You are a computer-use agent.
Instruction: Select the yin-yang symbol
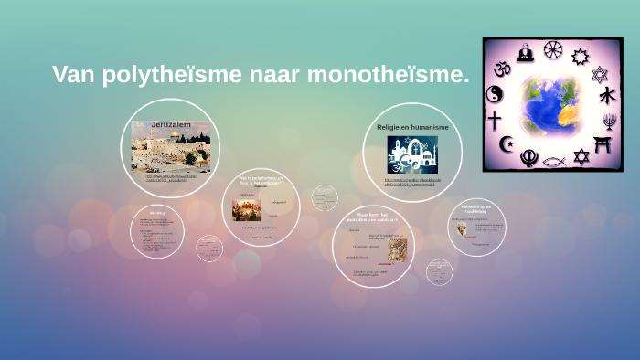click(495, 94)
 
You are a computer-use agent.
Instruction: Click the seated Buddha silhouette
click(525, 53)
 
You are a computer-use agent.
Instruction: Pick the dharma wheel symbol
click(551, 49)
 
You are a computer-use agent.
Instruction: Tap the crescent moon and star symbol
click(507, 143)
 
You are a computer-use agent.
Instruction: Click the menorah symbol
click(609, 121)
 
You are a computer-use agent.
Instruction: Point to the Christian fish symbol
click(552, 159)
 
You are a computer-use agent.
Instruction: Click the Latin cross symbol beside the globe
click(495, 120)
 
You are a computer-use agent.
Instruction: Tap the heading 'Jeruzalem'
click(170, 123)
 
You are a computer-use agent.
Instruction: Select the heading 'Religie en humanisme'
click(412, 128)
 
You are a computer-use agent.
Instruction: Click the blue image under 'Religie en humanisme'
click(412, 154)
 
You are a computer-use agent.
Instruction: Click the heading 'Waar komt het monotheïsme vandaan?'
click(374, 218)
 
